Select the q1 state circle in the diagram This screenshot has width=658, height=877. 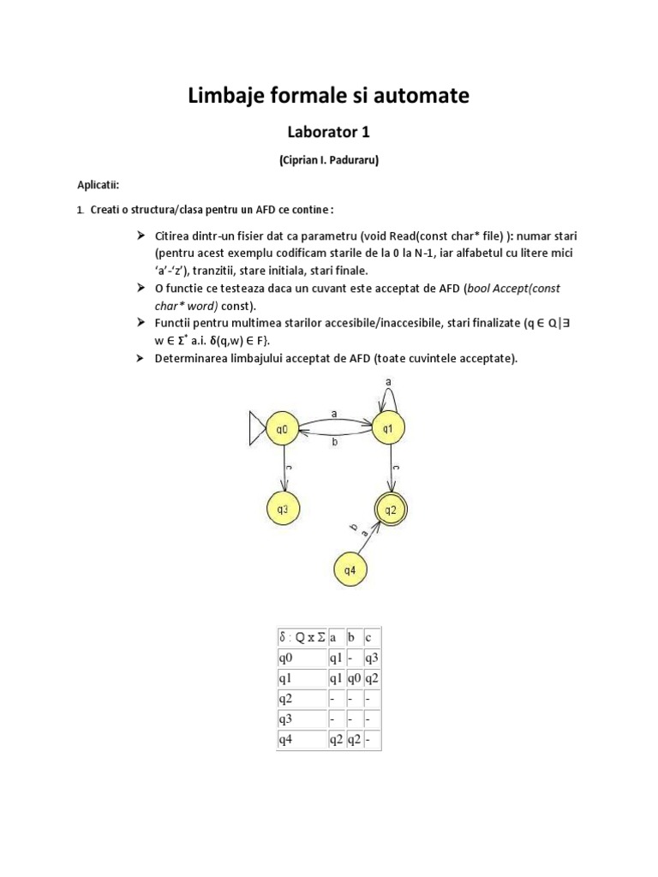[387, 428]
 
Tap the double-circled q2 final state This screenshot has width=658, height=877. [390, 510]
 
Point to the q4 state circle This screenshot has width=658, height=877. [350, 569]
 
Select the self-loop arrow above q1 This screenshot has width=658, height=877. [388, 393]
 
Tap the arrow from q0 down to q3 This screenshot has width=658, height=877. [284, 469]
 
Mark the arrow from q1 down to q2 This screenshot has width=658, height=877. [390, 468]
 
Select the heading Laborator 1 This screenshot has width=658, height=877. [328, 132]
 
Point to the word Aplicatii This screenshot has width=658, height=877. [99, 185]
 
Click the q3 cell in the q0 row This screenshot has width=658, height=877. [371, 658]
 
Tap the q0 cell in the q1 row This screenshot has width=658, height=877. [353, 678]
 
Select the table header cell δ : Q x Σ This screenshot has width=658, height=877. [301, 637]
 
